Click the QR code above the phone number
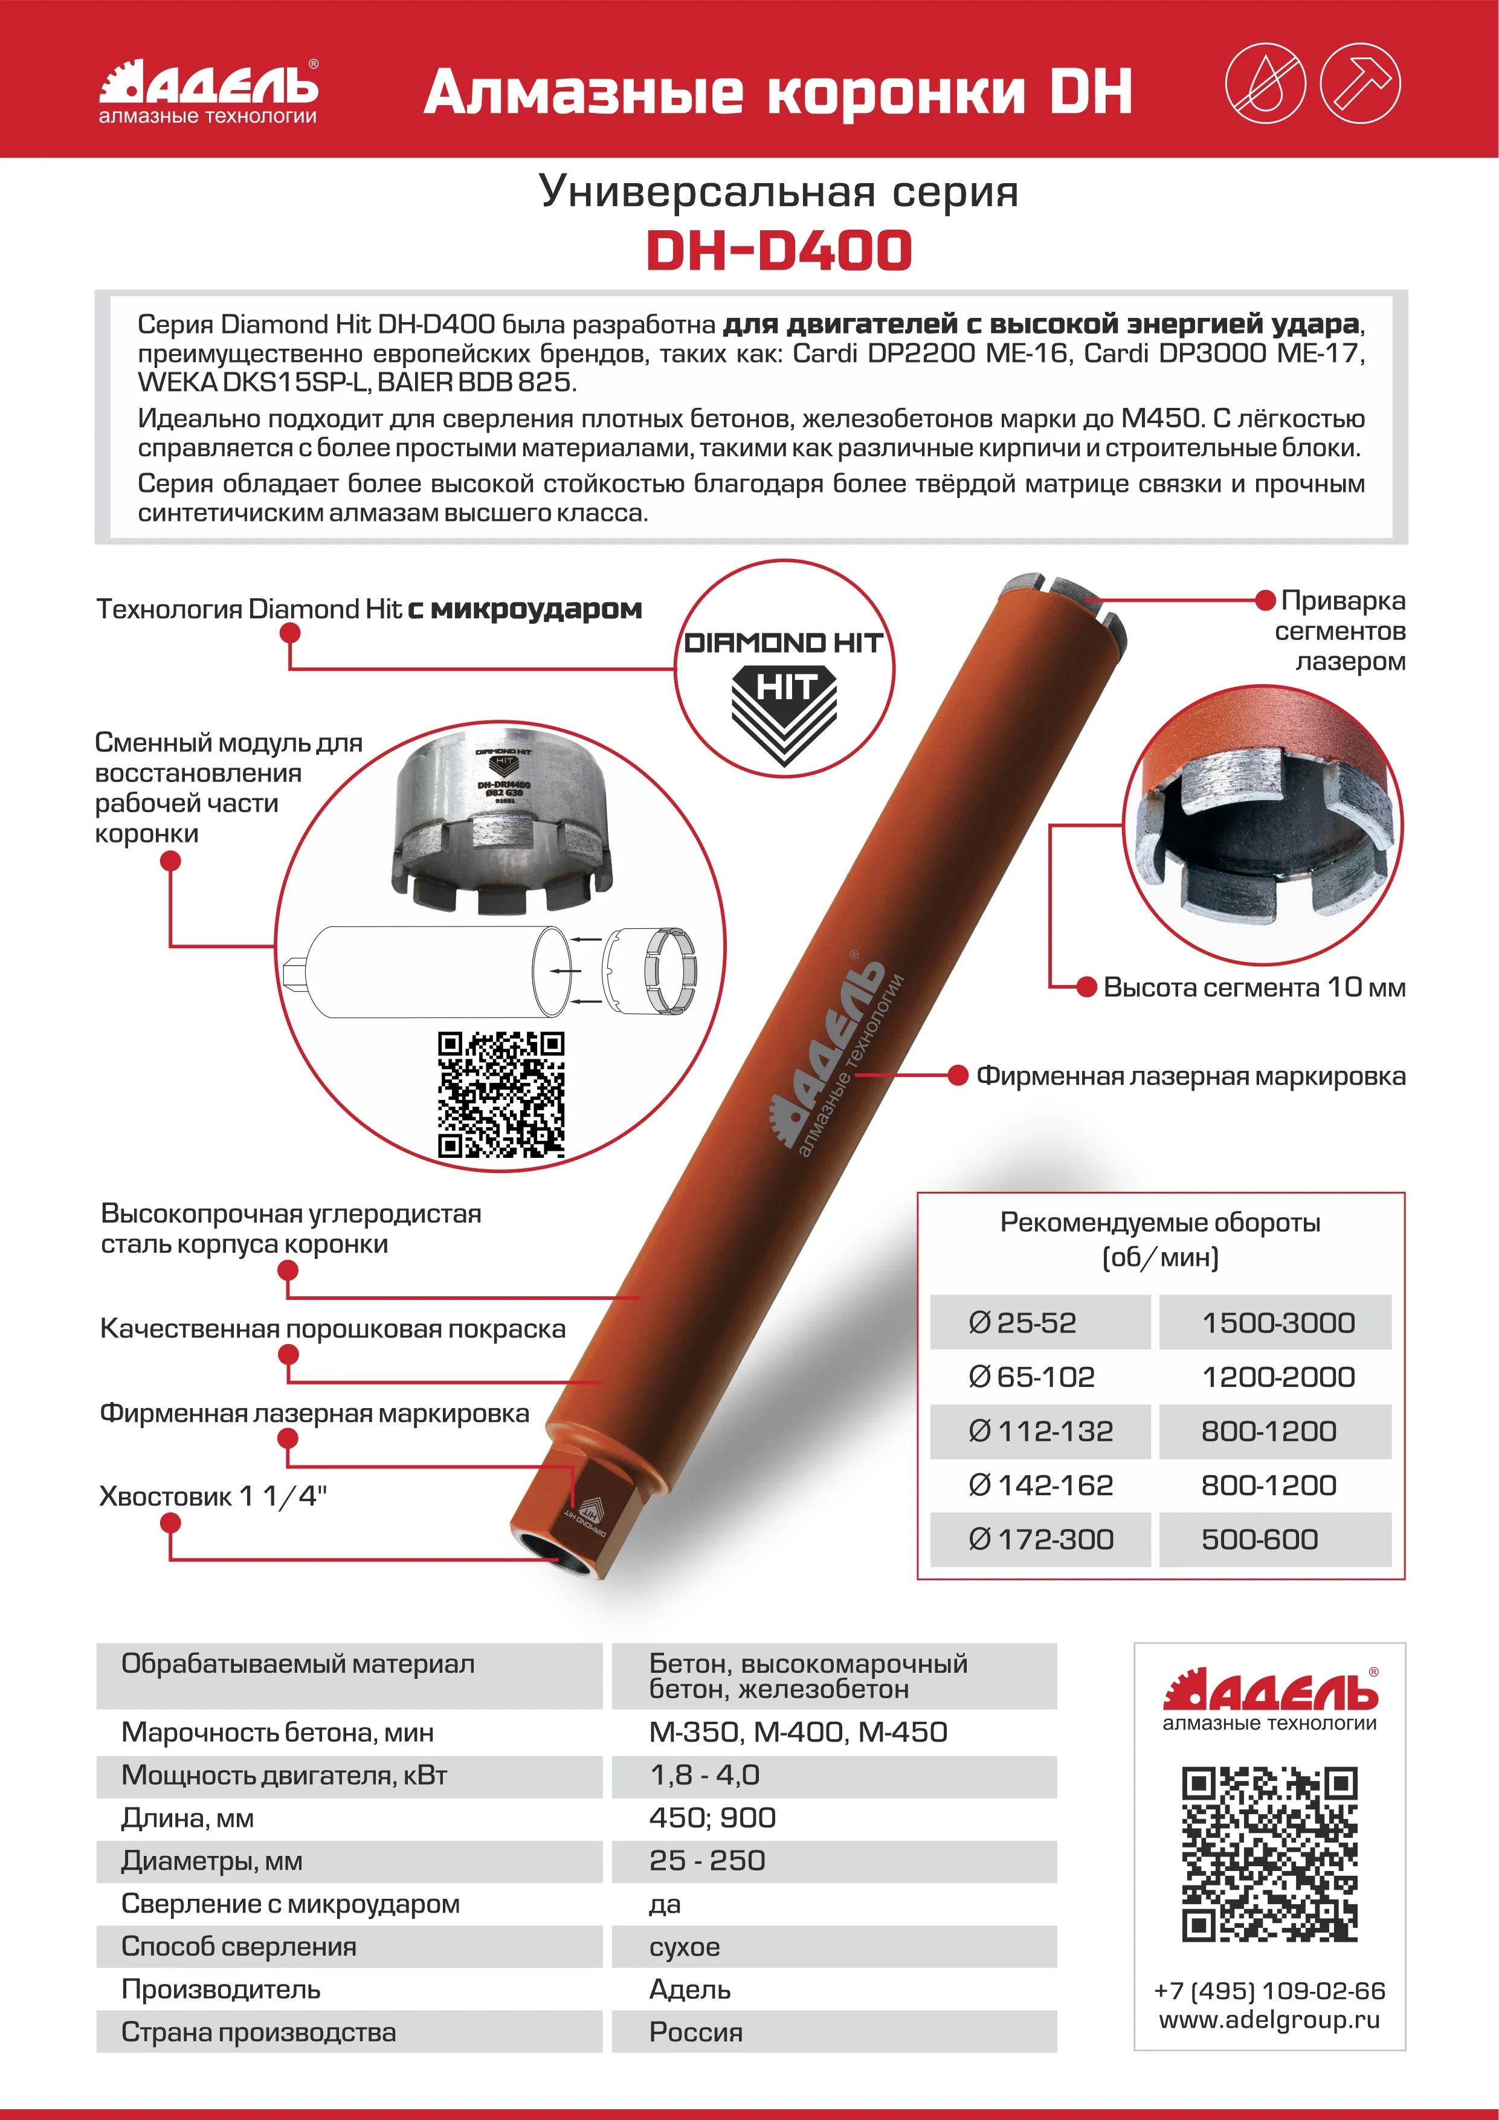pyautogui.click(x=1269, y=1855)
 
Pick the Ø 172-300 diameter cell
pyautogui.click(x=1040, y=1539)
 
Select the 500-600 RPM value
pyautogui.click(x=1259, y=1539)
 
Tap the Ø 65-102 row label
pyautogui.click(x=1031, y=1377)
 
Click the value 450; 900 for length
pyautogui.click(x=712, y=1817)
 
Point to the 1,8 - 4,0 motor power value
pyautogui.click(x=704, y=1775)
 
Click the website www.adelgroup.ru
pyautogui.click(x=1269, y=2019)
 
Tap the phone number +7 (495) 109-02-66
pyautogui.click(x=1269, y=1991)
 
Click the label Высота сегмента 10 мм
pyautogui.click(x=1254, y=987)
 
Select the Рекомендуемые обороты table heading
pyautogui.click(x=1160, y=1239)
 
